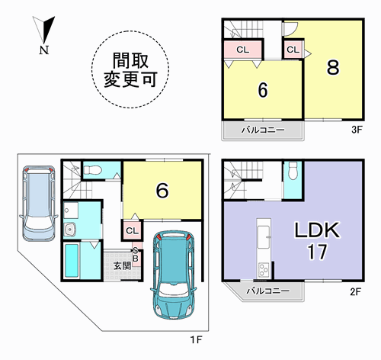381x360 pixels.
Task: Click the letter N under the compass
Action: (44, 50)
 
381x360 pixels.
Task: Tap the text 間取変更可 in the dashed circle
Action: (130, 70)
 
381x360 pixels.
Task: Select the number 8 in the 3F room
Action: (333, 67)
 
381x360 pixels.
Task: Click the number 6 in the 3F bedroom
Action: (263, 90)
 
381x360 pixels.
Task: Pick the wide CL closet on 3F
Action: (242, 50)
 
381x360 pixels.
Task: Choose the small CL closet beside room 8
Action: (293, 50)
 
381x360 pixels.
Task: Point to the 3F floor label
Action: (357, 130)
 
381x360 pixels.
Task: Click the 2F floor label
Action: (355, 291)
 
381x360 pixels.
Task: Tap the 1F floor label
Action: (197, 339)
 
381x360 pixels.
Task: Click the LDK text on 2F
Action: (317, 230)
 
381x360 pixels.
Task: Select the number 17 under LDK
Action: (317, 252)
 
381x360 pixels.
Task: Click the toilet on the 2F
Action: (293, 168)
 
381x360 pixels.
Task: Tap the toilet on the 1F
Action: (93, 169)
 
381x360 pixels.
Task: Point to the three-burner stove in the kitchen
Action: (264, 270)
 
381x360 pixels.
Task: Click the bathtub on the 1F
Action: (72, 260)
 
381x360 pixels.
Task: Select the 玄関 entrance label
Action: (122, 266)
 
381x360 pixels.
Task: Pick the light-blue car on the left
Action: (39, 204)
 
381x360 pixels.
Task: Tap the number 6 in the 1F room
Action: (162, 191)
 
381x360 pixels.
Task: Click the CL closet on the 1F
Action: (132, 230)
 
